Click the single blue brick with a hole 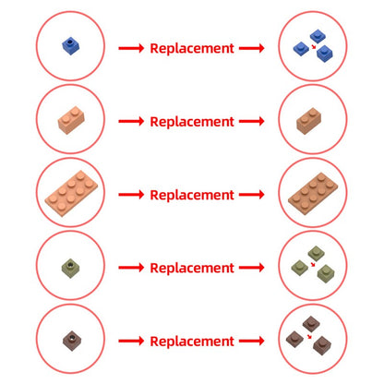click(71, 46)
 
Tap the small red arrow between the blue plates click(314, 47)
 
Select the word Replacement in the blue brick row click(192, 48)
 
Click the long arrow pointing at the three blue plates click(252, 48)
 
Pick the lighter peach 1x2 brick click(71, 120)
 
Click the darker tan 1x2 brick click(309, 121)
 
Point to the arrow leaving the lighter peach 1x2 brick click(131, 122)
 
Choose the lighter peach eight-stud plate click(71, 193)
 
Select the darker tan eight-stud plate click(313, 193)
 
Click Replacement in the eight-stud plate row click(192, 195)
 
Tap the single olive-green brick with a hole click(71, 267)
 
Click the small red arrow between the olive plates click(313, 264)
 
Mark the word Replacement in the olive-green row click(192, 268)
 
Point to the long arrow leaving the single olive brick click(131, 268)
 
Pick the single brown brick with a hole click(72, 341)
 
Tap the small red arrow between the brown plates click(309, 337)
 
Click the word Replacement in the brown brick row click(192, 342)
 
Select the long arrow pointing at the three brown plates click(252, 341)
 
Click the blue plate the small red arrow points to click(325, 54)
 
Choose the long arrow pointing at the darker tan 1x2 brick click(252, 122)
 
